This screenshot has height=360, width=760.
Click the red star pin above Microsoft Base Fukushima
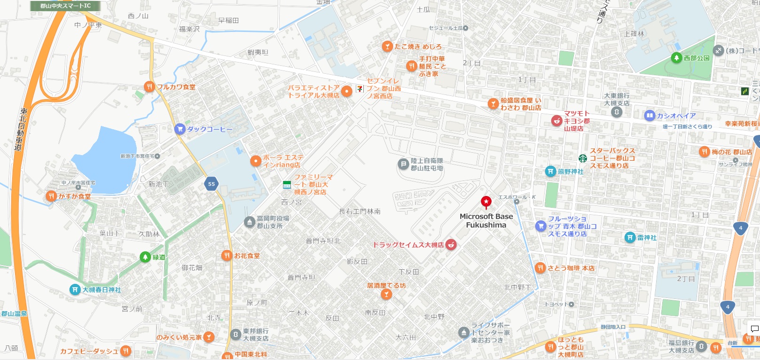point(486,202)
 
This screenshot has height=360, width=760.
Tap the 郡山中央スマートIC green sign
point(65,6)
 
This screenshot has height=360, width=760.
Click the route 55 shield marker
point(212,184)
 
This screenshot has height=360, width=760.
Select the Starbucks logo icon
point(583,158)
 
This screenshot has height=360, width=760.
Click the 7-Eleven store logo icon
point(360,88)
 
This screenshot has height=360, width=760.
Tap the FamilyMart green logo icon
point(287,185)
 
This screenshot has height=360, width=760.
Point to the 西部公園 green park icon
point(676,58)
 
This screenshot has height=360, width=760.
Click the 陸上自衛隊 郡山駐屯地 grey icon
point(403,164)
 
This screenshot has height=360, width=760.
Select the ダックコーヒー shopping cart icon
point(180,129)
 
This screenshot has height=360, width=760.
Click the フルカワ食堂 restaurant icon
point(149,87)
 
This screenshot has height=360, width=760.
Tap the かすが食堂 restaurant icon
point(51,196)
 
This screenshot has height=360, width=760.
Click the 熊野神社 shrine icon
point(550,172)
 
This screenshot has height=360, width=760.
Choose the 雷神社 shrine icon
point(630,238)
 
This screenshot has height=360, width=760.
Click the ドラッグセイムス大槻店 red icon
point(451,244)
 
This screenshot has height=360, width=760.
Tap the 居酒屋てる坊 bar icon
point(386,294)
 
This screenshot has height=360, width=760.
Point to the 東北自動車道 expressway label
point(21,130)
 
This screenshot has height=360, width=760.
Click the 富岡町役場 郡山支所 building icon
point(250,222)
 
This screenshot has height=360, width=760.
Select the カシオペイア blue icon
point(650,116)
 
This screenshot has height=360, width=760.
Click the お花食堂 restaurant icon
point(227,256)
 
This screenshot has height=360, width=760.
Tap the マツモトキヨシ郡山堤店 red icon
point(556,121)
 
